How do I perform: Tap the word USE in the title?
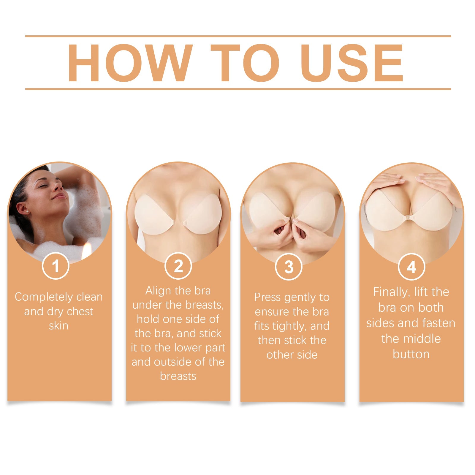pos(352,63)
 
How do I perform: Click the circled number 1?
pos(56,266)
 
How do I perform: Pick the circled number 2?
pos(178,266)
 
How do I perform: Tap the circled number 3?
pos(289,267)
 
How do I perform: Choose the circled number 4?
pos(411,267)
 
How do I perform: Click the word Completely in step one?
pos(41,297)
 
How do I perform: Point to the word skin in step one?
pos(58,326)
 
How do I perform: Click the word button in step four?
pos(411,354)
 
